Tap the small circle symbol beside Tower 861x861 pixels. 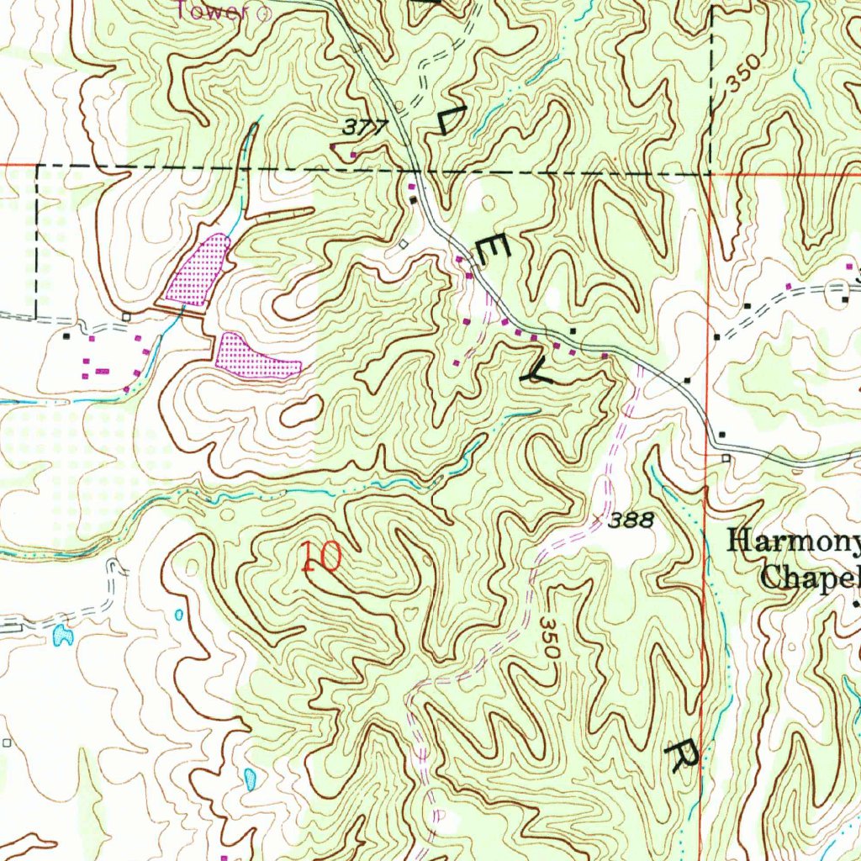(262, 13)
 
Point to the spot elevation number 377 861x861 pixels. (366, 128)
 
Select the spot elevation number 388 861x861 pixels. (631, 521)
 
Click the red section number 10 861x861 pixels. (321, 557)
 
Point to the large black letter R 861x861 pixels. (682, 754)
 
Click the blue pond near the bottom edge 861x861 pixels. (250, 779)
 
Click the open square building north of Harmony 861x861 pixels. (726, 457)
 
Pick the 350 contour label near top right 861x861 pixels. (744, 74)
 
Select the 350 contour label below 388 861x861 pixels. (549, 641)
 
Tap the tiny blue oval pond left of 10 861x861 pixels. (179, 615)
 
